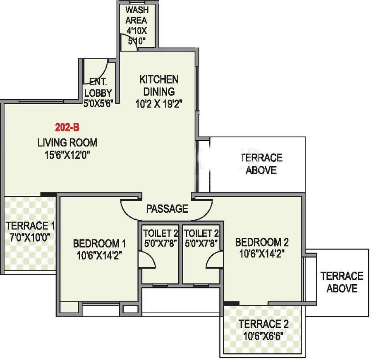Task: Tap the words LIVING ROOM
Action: (67, 143)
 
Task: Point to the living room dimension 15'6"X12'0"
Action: (67, 156)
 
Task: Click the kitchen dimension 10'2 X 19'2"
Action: (159, 104)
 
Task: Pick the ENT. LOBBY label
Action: (98, 87)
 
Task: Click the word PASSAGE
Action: (167, 209)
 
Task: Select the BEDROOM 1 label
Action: (100, 243)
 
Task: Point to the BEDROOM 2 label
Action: (262, 242)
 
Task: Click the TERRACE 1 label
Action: (30, 226)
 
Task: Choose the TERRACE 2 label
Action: (263, 324)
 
